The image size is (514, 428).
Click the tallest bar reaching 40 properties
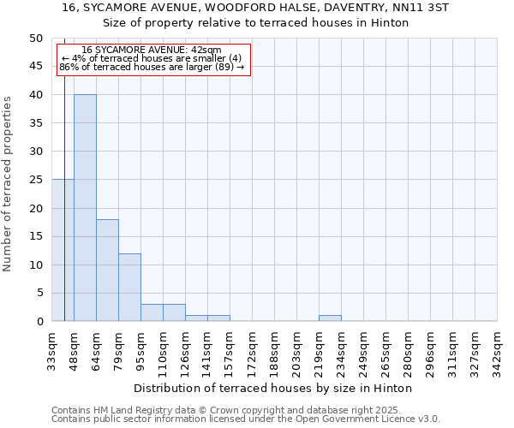click(85, 208)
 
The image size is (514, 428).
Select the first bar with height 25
click(63, 250)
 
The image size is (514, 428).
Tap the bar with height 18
click(107, 270)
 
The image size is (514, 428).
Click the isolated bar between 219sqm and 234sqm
click(330, 318)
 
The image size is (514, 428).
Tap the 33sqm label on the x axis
click(52, 351)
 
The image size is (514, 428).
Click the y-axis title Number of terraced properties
click(8, 184)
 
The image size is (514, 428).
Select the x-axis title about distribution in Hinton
click(273, 388)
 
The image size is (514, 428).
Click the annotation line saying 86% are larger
click(152, 67)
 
